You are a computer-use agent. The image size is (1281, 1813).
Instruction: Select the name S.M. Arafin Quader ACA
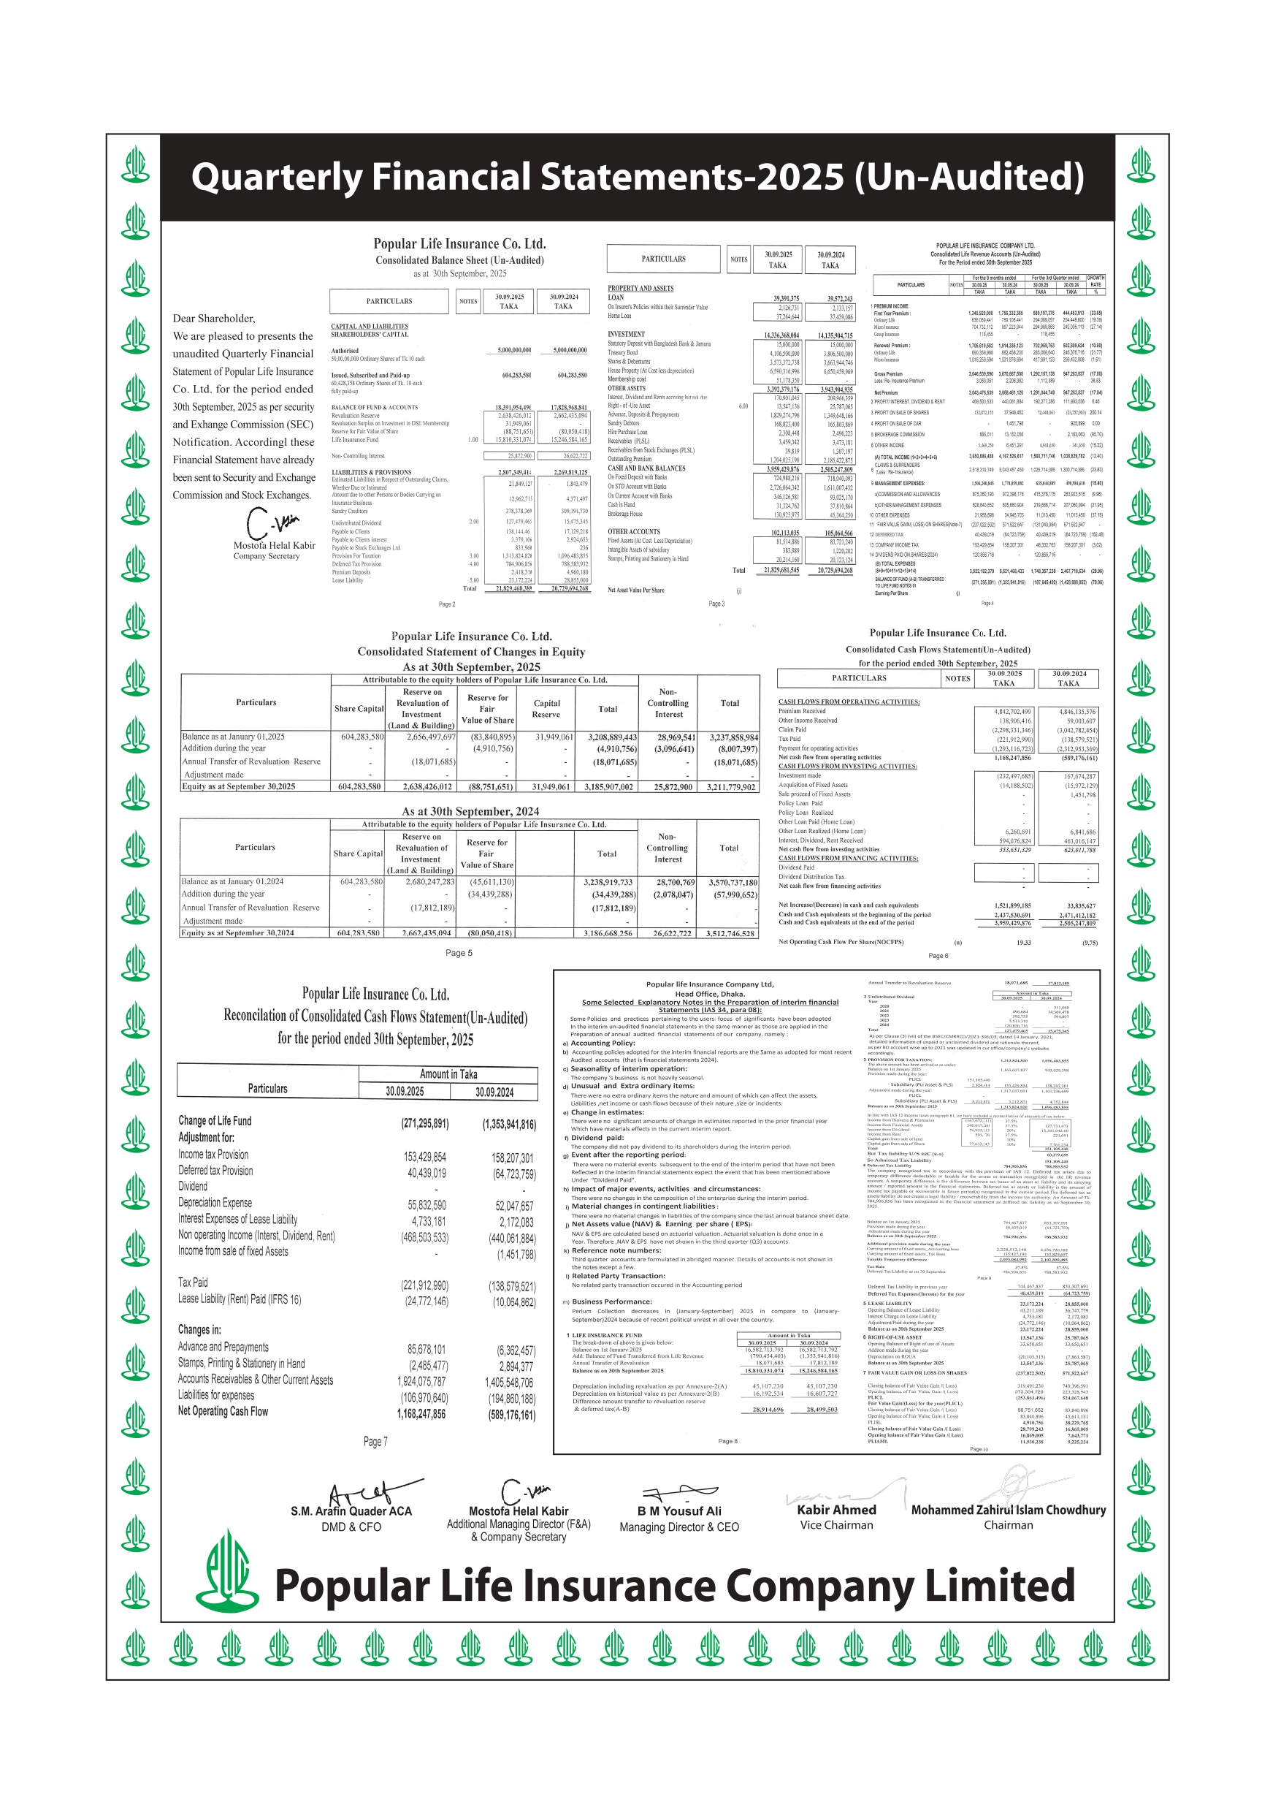point(351,1511)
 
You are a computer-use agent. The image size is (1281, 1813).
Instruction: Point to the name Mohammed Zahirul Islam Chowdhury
point(1008,1510)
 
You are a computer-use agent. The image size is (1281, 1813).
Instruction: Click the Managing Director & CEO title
point(678,1527)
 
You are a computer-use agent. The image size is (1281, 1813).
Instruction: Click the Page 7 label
point(375,1442)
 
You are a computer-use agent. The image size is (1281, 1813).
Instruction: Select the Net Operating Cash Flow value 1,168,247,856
point(421,1414)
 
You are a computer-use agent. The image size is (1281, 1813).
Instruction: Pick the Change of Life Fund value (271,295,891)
point(424,1123)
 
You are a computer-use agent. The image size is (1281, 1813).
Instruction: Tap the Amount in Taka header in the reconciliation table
point(448,1074)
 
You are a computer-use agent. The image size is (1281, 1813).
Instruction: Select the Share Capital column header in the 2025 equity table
point(359,708)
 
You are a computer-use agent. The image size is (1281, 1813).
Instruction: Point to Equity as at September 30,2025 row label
point(238,786)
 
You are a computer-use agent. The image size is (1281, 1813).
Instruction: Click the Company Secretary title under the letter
point(266,556)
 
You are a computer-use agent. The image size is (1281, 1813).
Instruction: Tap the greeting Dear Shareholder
point(214,318)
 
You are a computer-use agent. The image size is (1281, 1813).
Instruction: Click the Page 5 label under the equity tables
point(459,953)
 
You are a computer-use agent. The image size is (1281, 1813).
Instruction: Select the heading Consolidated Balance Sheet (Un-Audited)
point(459,260)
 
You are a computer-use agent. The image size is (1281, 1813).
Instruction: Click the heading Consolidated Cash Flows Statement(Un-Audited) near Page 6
point(938,649)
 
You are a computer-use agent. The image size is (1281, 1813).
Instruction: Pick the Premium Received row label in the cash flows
point(802,711)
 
